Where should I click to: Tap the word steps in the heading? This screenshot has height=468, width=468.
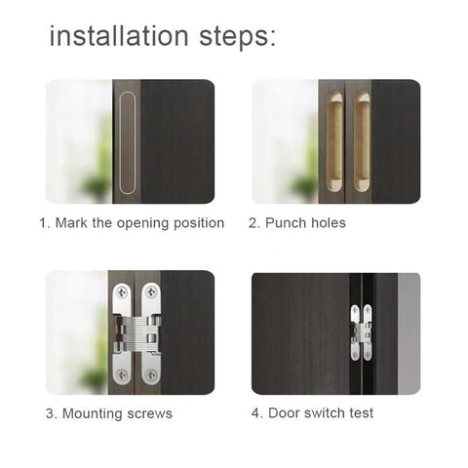[235, 38]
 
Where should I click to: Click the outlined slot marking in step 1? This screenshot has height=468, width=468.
[128, 141]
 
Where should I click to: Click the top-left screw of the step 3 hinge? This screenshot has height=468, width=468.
[121, 292]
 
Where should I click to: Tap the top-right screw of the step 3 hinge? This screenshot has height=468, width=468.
[152, 292]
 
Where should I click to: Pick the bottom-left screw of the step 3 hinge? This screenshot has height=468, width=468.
[121, 373]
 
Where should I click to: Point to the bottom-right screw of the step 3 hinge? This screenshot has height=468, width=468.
[152, 373]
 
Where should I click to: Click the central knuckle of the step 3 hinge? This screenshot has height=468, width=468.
[136, 333]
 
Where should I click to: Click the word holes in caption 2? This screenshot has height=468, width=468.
[328, 223]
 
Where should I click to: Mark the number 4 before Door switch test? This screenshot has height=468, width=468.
[255, 413]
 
